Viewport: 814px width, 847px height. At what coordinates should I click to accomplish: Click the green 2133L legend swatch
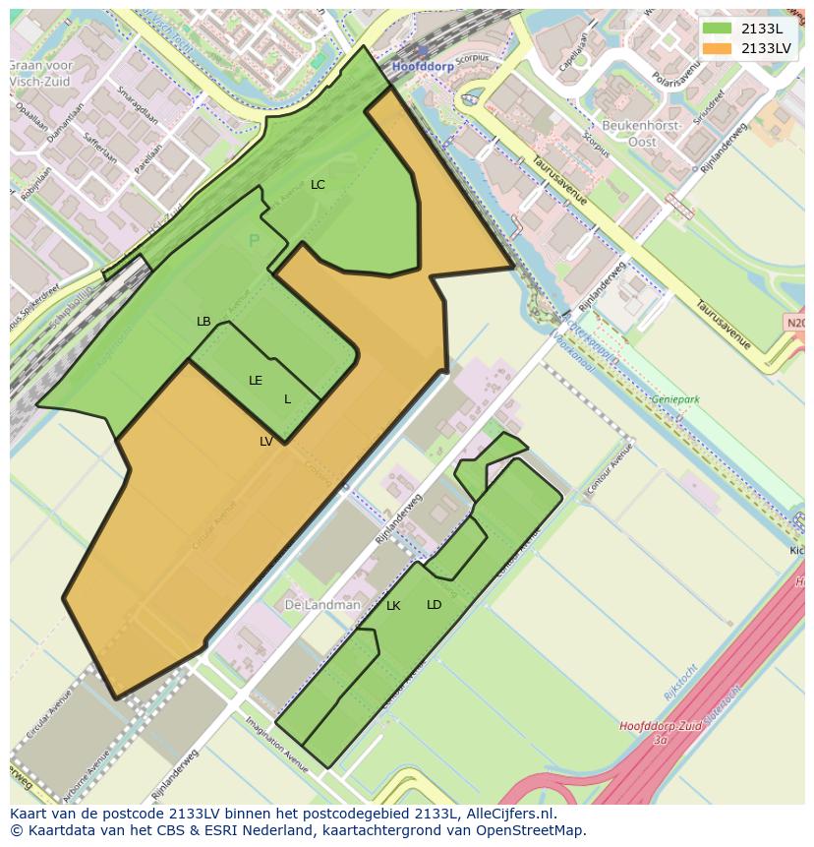(718, 29)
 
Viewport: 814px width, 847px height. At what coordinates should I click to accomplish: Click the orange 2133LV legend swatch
(718, 48)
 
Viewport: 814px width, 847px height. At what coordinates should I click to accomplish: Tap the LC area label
(318, 185)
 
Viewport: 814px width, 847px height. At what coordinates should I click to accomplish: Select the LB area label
(203, 322)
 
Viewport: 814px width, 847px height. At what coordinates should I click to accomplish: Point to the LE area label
(256, 381)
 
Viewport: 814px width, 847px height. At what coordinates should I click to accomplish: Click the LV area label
(266, 442)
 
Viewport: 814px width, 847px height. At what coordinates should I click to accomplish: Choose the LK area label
(393, 606)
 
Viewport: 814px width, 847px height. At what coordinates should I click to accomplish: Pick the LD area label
(434, 605)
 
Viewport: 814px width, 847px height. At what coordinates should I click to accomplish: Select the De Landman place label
(322, 605)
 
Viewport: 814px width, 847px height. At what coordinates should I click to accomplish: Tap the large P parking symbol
(254, 241)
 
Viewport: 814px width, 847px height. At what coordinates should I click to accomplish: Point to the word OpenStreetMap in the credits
(527, 830)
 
